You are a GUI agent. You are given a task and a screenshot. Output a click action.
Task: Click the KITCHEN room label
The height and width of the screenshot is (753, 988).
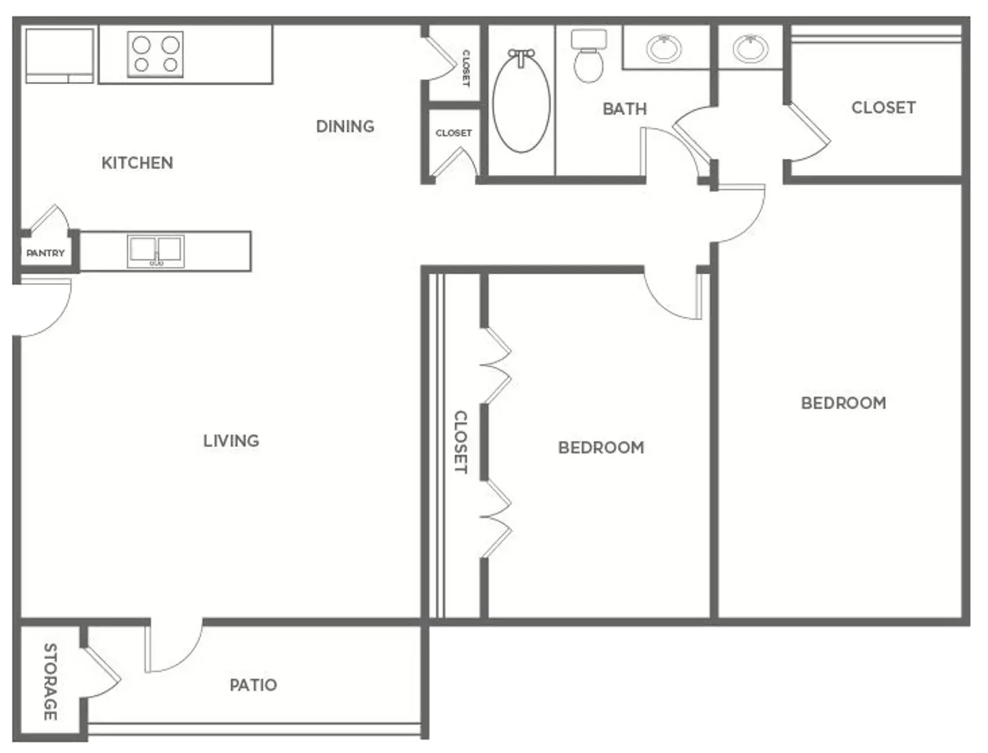(x=137, y=163)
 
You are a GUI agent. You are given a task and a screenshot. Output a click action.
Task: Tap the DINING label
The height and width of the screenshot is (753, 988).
(x=345, y=126)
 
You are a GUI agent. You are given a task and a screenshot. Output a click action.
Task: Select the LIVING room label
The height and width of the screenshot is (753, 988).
(x=232, y=441)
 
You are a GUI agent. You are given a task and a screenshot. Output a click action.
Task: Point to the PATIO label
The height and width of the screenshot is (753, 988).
(x=254, y=685)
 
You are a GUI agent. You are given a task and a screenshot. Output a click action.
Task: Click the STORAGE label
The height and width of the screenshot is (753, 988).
(x=50, y=681)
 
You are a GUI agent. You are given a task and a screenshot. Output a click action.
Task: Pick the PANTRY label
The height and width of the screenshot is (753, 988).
(x=45, y=253)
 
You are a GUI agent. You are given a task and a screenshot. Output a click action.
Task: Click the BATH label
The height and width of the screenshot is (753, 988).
(x=625, y=109)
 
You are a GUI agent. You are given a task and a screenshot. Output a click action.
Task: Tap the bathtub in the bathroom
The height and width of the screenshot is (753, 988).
(x=521, y=101)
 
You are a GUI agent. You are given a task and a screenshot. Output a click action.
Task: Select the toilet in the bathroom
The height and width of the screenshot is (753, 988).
(x=589, y=56)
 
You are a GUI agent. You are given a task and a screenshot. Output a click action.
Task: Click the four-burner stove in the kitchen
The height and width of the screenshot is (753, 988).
(x=155, y=55)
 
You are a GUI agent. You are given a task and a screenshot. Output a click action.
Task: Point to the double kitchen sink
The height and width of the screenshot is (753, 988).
(x=156, y=252)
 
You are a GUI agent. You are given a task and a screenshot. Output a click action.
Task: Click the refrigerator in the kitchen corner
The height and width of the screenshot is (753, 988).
(x=60, y=56)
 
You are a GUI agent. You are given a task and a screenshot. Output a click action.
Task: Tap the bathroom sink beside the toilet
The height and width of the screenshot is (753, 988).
(x=664, y=48)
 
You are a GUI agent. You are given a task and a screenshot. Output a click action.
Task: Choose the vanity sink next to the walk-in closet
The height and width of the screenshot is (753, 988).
(x=750, y=48)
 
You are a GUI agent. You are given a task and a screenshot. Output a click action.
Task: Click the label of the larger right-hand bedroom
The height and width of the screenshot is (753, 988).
(x=844, y=403)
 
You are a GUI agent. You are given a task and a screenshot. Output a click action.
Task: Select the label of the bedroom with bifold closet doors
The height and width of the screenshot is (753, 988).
(x=601, y=447)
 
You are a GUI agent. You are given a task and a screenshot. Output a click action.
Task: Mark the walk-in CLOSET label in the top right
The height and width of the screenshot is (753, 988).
(x=884, y=108)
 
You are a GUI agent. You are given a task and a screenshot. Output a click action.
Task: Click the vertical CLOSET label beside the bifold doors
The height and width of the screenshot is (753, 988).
(x=461, y=442)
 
